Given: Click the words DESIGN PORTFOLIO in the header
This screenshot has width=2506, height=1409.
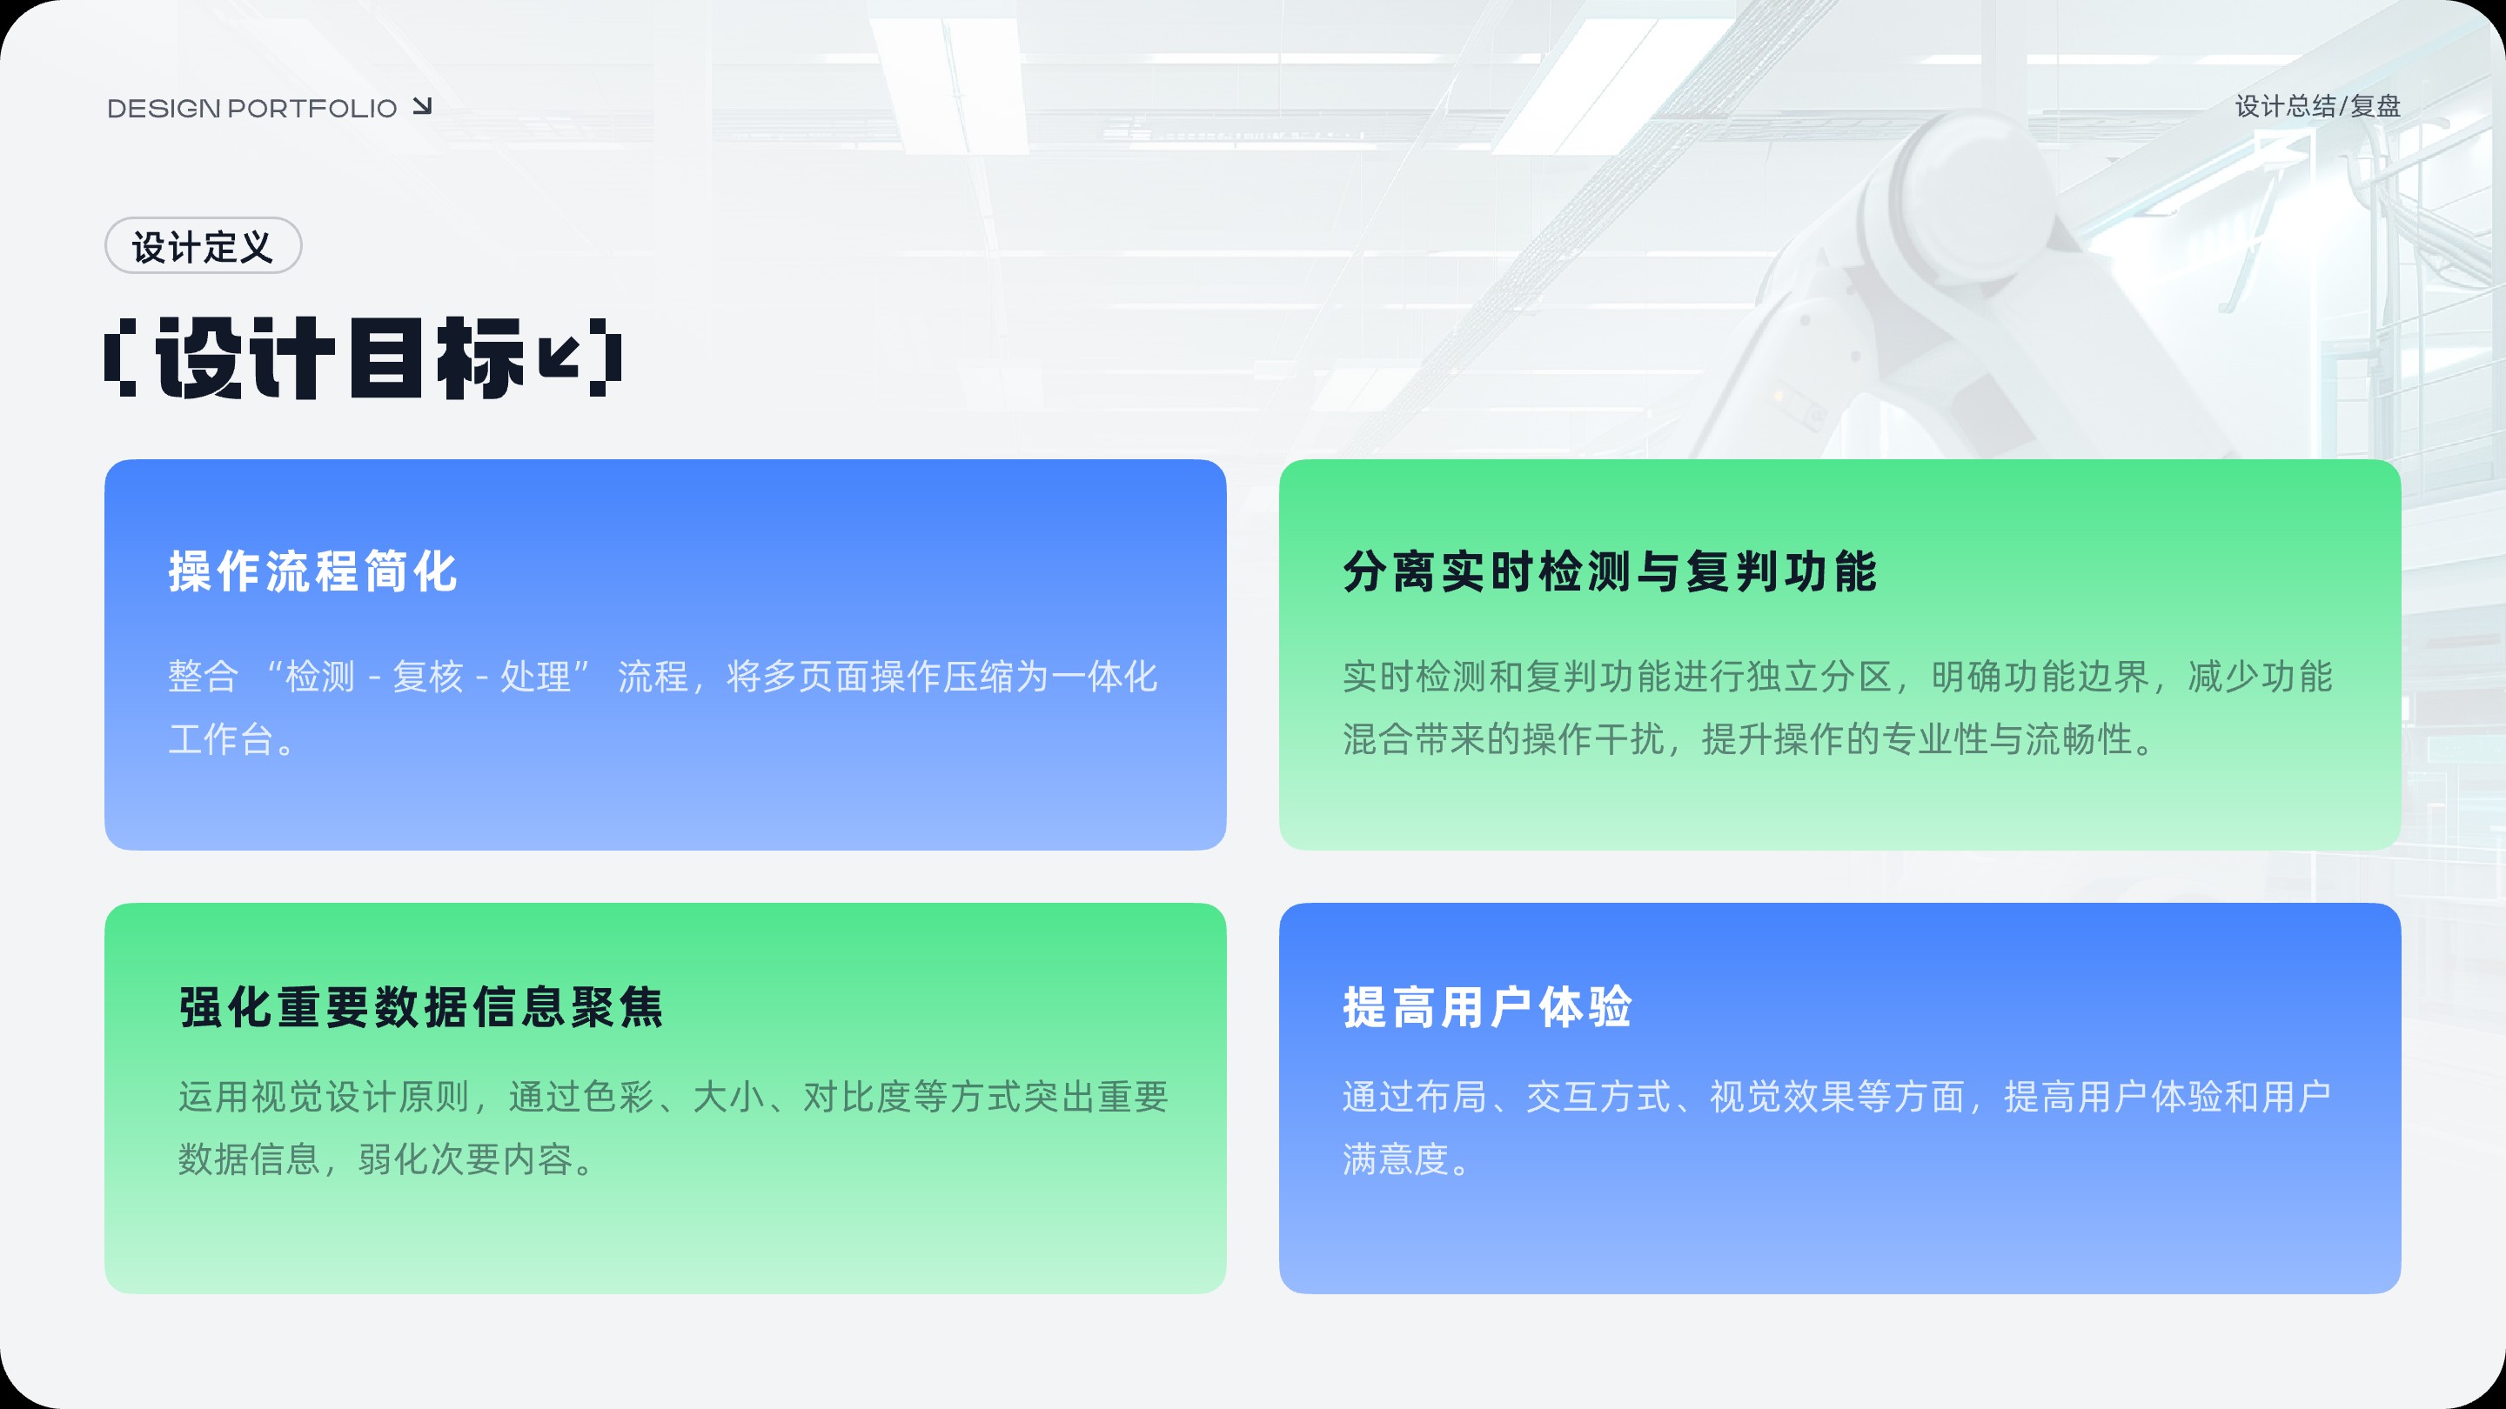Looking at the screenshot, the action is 252,108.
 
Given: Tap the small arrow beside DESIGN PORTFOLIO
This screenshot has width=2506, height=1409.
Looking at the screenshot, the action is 422,106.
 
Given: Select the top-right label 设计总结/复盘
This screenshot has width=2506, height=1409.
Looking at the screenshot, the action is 2317,106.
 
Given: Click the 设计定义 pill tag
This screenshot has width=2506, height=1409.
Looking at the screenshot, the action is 204,246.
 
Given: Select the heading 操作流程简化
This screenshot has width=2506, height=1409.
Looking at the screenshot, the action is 313,571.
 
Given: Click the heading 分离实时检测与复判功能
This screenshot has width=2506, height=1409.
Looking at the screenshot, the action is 1610,571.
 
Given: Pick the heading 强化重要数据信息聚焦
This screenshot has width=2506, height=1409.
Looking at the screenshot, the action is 421,1006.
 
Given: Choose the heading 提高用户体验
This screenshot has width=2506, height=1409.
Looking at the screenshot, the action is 1487,1006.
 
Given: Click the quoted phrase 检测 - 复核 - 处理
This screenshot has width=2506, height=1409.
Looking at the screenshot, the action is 428,677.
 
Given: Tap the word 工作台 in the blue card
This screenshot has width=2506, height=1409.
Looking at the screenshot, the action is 221,739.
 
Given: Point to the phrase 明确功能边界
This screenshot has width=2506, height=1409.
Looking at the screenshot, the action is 2039,677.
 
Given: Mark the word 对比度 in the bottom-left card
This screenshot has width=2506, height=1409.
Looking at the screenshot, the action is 857,1097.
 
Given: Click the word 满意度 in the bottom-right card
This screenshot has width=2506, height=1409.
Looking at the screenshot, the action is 1396,1159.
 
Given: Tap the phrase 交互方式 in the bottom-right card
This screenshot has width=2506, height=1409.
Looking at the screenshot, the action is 1598,1097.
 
